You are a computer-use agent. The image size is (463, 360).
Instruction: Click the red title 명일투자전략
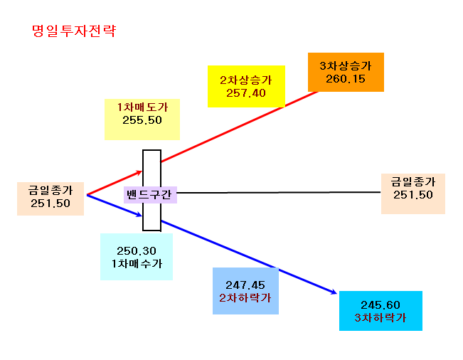click(74, 31)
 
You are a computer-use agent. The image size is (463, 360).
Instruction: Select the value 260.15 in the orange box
click(346, 79)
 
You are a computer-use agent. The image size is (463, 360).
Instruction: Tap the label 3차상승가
click(346, 66)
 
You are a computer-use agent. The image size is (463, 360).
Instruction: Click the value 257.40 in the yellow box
click(246, 93)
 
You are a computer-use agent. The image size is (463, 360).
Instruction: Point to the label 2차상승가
click(246, 80)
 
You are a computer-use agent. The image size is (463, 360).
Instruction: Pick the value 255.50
click(142, 120)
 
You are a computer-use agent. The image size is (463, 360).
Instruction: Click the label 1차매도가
click(142, 107)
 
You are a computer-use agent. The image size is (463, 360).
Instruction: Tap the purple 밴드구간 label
click(150, 195)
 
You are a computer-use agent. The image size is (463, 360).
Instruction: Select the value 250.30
click(137, 251)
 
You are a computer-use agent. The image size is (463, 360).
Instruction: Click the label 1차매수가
click(137, 264)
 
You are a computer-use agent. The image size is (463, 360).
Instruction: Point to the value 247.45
click(245, 285)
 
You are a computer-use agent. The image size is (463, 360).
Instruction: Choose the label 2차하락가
click(245, 298)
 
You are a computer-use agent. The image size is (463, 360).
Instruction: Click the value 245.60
click(380, 305)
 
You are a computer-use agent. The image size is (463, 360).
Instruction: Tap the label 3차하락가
click(380, 318)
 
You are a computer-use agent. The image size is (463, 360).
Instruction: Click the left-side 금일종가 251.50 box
click(50, 198)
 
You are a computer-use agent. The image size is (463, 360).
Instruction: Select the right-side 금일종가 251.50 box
click(413, 194)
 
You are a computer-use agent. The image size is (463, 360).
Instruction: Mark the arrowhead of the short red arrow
click(141, 171)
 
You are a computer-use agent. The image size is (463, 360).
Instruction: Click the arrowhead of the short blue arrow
click(141, 216)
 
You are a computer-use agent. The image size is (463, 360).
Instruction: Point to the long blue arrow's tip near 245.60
click(336, 293)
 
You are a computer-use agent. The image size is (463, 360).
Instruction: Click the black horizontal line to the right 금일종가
click(279, 193)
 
